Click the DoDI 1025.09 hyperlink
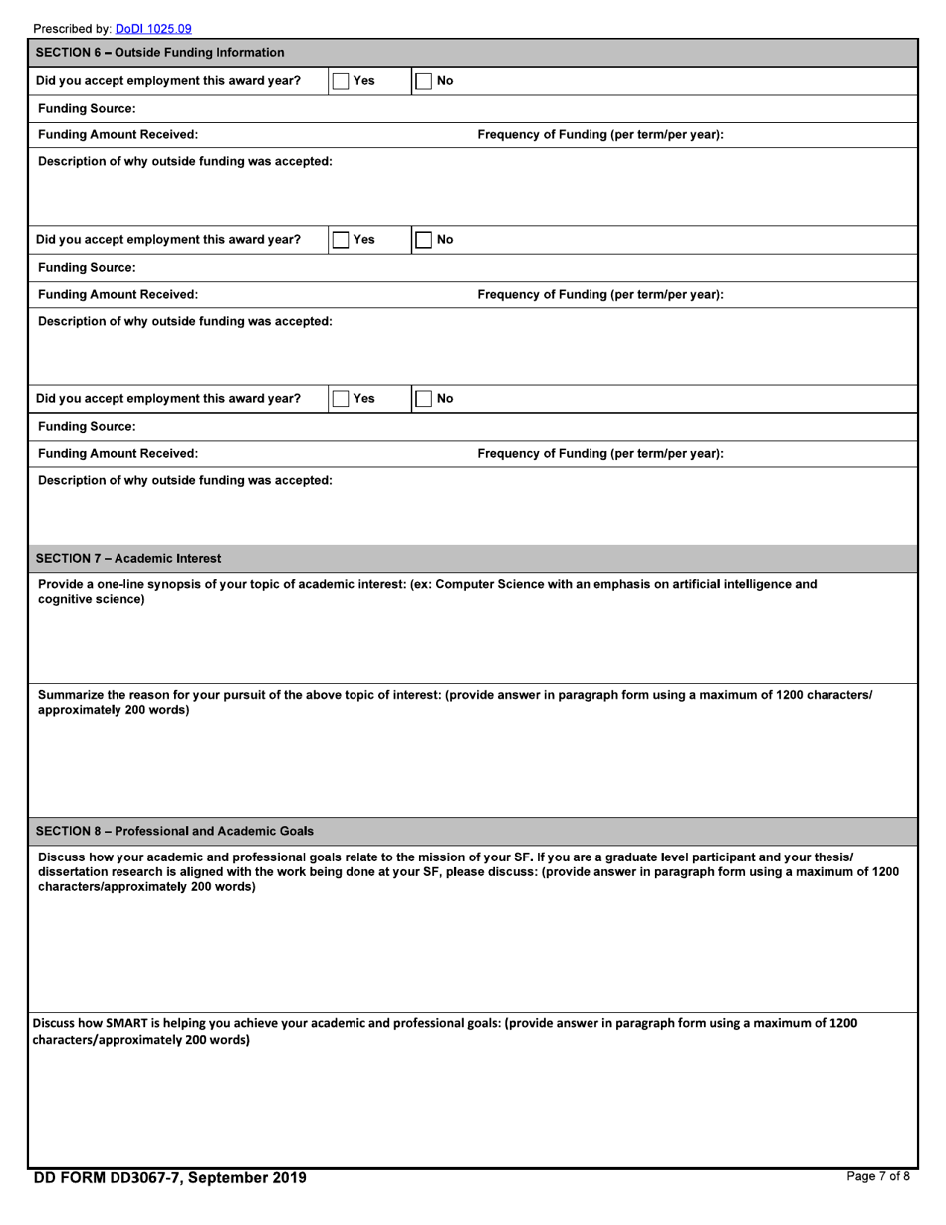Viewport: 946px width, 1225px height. [x=153, y=29]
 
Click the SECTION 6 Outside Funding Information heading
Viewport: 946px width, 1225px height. [x=159, y=53]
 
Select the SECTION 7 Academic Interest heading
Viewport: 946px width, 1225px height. [x=128, y=559]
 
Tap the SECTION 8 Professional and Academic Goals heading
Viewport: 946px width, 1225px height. [x=174, y=831]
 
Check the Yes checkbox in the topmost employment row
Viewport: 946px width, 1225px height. [x=341, y=81]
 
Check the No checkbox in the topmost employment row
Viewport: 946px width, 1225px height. [x=423, y=81]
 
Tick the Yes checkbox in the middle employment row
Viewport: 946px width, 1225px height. [x=341, y=240]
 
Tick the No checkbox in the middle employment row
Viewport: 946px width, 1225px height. [x=423, y=240]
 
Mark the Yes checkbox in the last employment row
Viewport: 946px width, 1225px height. [x=341, y=399]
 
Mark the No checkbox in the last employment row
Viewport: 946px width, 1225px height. [x=423, y=399]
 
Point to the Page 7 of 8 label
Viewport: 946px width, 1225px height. [x=877, y=1177]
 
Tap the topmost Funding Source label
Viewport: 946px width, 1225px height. [x=87, y=108]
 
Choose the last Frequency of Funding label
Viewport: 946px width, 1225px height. [x=600, y=454]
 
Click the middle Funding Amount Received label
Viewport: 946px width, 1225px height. [x=118, y=295]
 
